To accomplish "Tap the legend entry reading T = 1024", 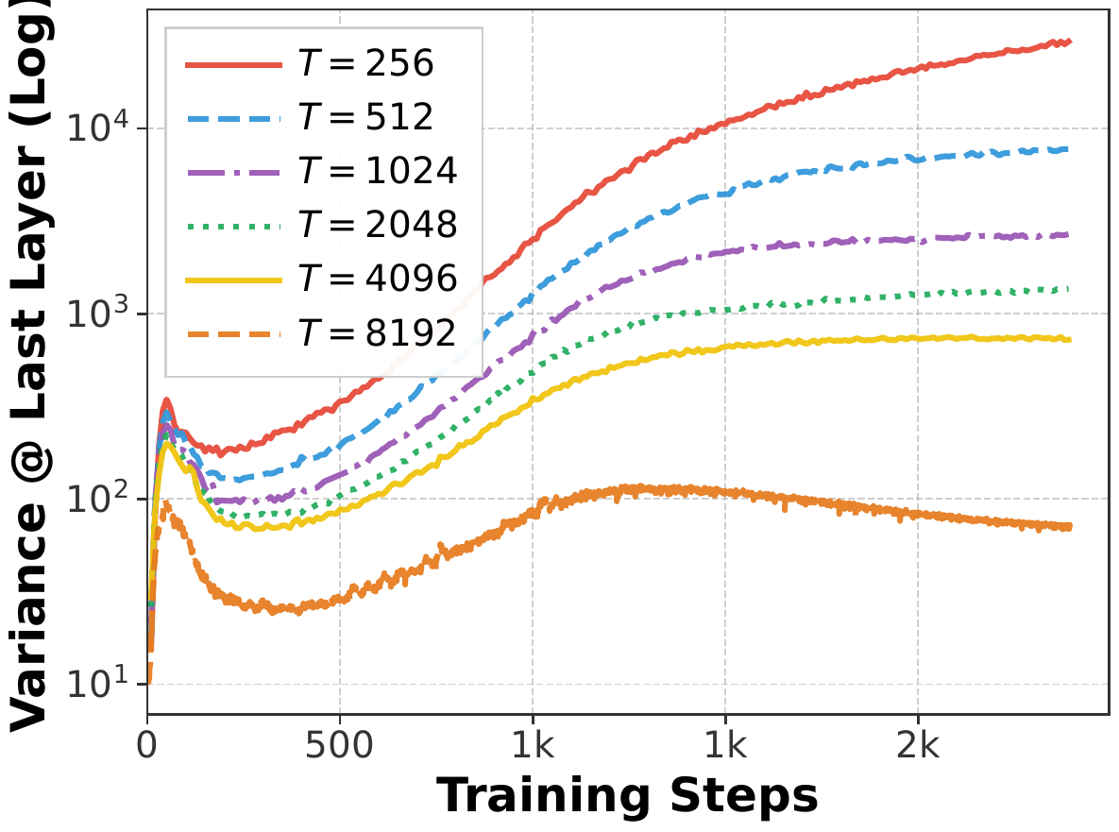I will (378, 172).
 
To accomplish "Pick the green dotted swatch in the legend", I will (233, 226).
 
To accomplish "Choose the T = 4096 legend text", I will (378, 280).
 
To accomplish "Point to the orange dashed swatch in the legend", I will (233, 333).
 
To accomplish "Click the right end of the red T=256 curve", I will (1070, 42).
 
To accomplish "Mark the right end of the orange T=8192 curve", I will (1070, 526).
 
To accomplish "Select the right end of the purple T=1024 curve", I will (1068, 234).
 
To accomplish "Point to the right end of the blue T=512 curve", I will (1068, 148).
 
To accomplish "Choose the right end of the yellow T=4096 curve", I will (1070, 339).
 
